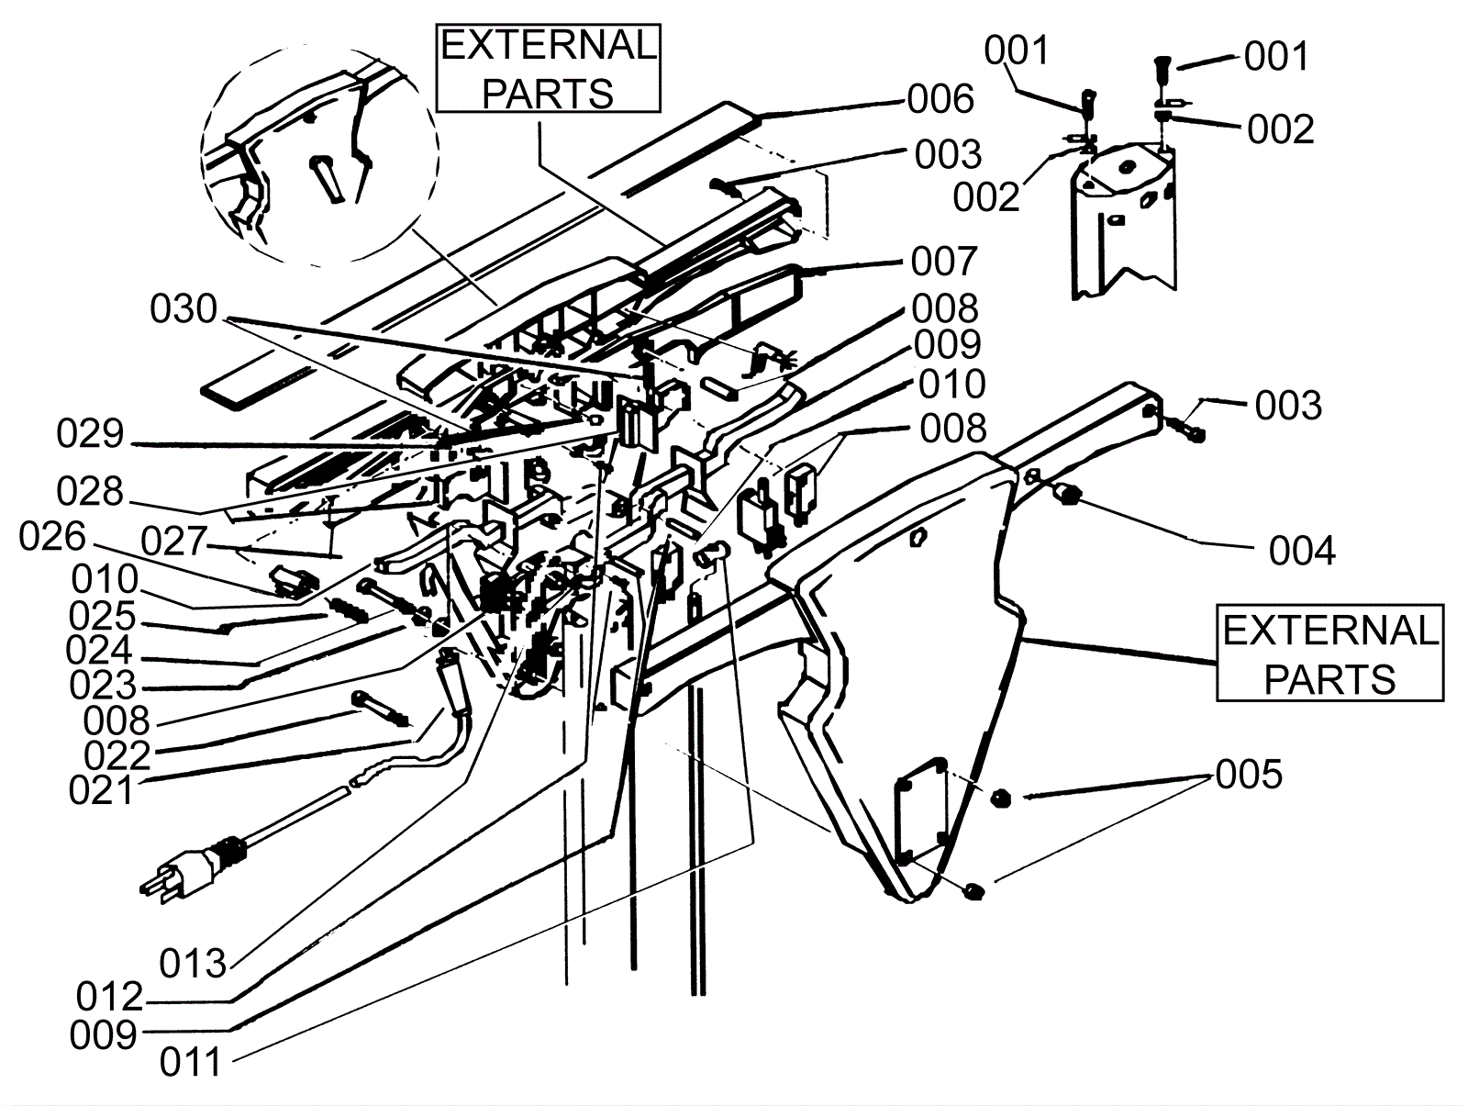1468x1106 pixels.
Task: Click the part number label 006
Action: tap(940, 100)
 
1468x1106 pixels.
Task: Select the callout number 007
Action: tap(944, 261)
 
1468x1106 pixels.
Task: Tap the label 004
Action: tap(1301, 552)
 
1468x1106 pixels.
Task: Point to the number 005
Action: tap(1249, 775)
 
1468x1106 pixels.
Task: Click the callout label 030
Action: tap(183, 309)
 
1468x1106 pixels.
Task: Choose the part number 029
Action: tap(90, 433)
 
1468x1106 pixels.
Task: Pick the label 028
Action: tap(90, 492)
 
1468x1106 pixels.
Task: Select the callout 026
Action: tap(53, 537)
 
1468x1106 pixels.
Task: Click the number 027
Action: tap(174, 542)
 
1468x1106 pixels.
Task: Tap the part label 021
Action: tap(102, 790)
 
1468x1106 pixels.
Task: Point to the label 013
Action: tap(193, 964)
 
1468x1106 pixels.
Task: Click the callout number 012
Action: tap(110, 998)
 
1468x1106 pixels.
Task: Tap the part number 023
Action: tap(103, 685)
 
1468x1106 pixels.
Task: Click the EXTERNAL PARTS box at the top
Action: tap(548, 68)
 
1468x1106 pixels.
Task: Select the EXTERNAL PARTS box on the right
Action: tap(1329, 653)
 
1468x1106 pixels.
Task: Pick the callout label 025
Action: tap(103, 616)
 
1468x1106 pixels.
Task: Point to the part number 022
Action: tap(117, 756)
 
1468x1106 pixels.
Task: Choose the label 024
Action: tap(100, 651)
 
